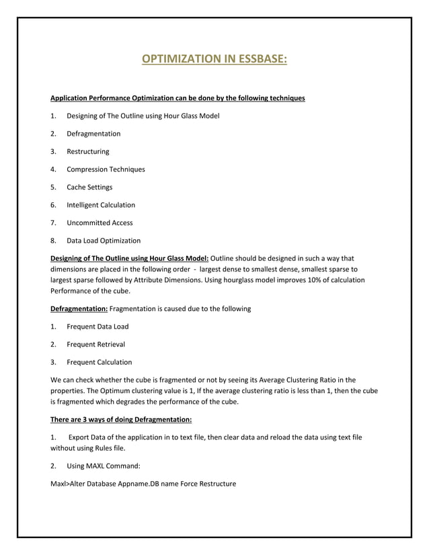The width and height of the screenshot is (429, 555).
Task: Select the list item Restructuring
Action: click(x=87, y=151)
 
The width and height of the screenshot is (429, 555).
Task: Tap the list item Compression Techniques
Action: click(x=106, y=169)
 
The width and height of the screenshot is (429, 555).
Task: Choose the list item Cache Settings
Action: click(x=89, y=187)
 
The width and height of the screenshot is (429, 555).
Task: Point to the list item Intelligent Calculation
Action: click(x=101, y=205)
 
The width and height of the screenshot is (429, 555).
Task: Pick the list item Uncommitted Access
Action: click(x=100, y=222)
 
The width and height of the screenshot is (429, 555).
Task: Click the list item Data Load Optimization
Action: click(x=104, y=241)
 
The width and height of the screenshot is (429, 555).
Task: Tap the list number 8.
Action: click(x=53, y=241)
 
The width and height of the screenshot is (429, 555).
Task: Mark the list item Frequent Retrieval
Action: click(x=95, y=344)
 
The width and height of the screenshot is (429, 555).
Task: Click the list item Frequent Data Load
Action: click(x=97, y=327)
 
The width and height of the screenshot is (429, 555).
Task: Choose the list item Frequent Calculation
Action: click(x=99, y=362)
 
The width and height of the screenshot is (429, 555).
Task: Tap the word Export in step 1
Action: click(x=79, y=437)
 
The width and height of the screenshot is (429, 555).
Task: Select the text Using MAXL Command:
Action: click(x=101, y=466)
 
